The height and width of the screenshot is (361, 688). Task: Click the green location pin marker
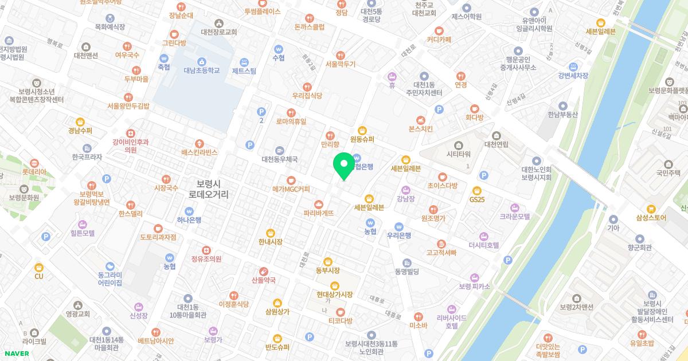[344, 165]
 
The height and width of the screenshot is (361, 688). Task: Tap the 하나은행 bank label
[189, 219]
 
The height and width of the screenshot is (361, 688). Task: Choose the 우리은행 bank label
[399, 234]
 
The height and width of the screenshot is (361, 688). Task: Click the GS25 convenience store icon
[476, 191]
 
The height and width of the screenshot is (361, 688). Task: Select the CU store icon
[39, 268]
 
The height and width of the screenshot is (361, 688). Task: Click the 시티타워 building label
[458, 154]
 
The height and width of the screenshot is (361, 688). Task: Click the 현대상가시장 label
[334, 294]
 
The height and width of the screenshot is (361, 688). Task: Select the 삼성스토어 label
[651, 217]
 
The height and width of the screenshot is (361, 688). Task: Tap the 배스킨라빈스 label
[200, 152]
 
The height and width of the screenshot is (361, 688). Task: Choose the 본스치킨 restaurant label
[420, 128]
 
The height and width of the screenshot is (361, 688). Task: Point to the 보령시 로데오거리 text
[208, 189]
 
